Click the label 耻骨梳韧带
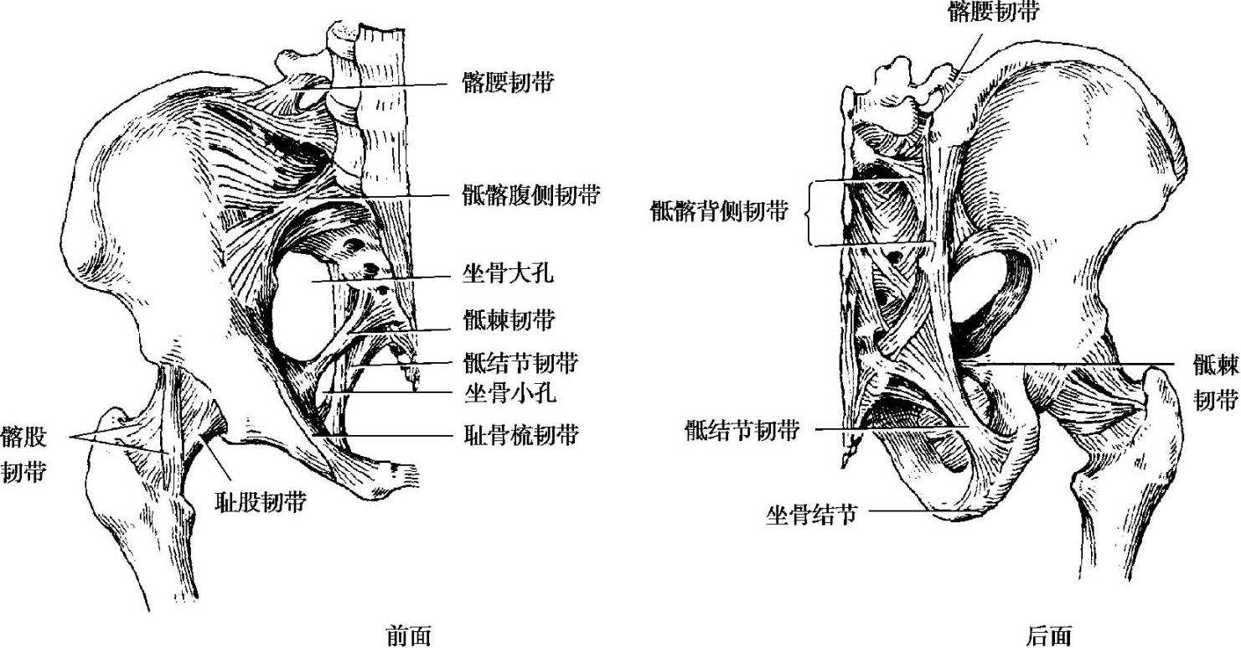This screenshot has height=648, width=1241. tap(520, 435)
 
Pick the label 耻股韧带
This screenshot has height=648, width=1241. tap(260, 502)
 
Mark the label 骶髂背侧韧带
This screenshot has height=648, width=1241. tap(719, 212)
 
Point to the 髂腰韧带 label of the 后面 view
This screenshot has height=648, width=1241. tap(994, 11)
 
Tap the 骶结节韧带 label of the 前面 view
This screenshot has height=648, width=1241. tap(520, 363)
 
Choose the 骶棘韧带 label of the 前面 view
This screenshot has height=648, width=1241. tap(508, 319)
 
